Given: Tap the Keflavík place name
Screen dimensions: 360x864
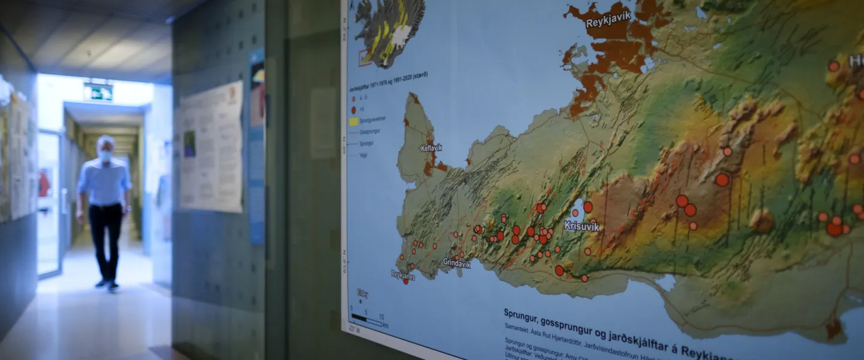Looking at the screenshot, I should (x=431, y=148).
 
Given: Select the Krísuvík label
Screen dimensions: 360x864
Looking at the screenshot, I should (x=581, y=226).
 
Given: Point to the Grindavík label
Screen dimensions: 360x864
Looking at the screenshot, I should (x=457, y=263).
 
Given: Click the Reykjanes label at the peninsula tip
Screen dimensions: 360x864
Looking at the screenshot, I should (x=403, y=275).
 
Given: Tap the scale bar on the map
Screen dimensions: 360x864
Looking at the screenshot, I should (x=366, y=318).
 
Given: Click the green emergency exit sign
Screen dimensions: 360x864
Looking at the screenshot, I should (x=98, y=92).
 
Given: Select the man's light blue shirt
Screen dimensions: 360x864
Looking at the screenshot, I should (x=104, y=182).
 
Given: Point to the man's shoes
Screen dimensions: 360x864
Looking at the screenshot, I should (x=107, y=285).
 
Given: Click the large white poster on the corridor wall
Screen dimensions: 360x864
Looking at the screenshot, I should (x=211, y=147).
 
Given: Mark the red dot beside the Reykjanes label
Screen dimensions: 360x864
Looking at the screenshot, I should (x=406, y=281).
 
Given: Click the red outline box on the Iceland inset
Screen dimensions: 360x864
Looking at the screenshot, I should (x=365, y=57).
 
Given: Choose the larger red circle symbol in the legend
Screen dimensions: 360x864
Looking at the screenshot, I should (x=354, y=110).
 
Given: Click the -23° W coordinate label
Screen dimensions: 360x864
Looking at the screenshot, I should (x=355, y=328).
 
